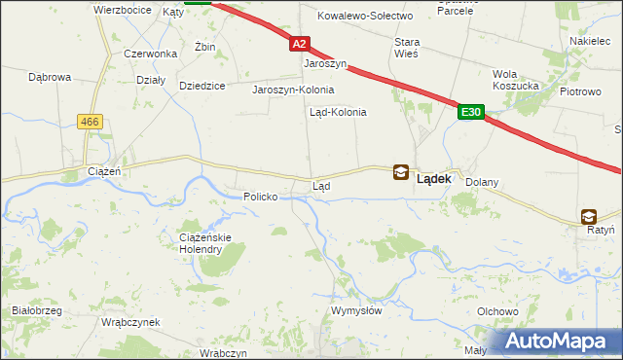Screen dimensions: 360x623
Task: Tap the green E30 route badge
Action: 471,113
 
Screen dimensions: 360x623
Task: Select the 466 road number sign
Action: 91,121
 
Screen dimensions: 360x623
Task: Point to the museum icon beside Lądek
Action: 400,172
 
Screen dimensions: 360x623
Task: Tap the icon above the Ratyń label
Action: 588,217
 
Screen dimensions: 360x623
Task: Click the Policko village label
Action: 261,197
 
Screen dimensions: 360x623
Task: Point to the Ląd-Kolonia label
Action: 338,112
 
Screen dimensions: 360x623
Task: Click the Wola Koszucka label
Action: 517,80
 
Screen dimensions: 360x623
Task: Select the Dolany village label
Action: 482,182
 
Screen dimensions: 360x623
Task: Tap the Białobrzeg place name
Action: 36,310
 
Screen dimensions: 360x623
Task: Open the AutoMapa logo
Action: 558,342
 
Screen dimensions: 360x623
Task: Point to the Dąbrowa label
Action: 51,76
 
